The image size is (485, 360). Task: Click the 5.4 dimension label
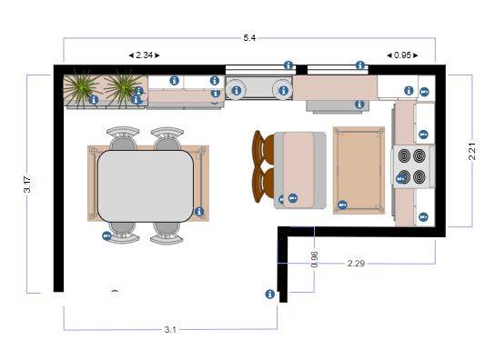point(249,38)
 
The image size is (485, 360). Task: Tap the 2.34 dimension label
point(144,55)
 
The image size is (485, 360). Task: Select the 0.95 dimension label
point(402,55)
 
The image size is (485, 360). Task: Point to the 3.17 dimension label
point(27,185)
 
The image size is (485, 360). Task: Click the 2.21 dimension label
point(472,151)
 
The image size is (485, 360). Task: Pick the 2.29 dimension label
point(356,264)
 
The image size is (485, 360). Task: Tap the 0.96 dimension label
point(314,260)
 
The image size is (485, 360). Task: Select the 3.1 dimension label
point(170,330)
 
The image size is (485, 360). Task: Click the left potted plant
point(81,88)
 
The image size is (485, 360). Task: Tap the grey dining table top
point(146,186)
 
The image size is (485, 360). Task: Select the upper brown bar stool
point(263,147)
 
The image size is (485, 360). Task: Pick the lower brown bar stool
point(263,185)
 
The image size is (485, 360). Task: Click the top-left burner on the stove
point(404,155)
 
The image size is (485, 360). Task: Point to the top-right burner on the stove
point(419,155)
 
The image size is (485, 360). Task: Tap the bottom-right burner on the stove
point(419,176)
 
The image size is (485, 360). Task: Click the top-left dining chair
point(123,138)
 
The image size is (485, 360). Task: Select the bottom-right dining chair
point(167,233)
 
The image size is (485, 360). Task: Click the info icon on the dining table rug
point(199,212)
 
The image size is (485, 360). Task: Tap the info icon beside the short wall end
point(269,294)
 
